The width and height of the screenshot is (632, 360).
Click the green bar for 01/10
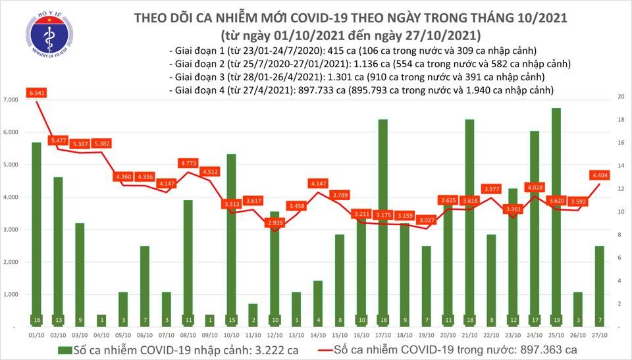(36, 234)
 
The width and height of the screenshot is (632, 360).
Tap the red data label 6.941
(36, 93)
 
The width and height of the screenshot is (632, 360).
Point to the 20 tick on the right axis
(620, 96)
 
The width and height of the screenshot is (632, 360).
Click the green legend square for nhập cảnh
(64, 349)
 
